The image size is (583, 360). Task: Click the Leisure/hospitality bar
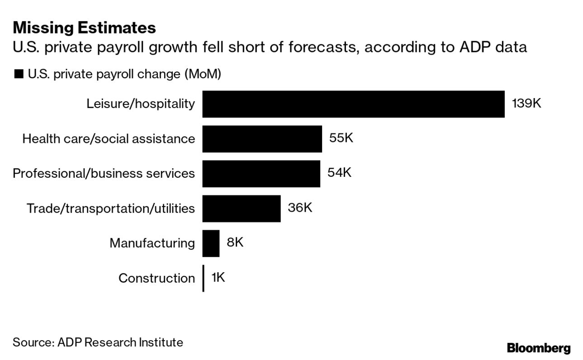(x=353, y=104)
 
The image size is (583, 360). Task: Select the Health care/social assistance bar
(x=262, y=139)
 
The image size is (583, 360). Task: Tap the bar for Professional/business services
(x=261, y=174)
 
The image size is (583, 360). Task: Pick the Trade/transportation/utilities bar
(x=241, y=208)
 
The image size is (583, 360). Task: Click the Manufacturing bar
(x=211, y=243)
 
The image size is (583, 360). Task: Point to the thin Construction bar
(x=203, y=278)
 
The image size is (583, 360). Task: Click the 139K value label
(x=526, y=103)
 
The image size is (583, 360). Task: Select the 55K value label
(x=341, y=138)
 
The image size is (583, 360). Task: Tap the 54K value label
(x=339, y=173)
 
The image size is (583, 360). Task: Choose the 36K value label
(x=299, y=208)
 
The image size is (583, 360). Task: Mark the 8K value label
(x=235, y=242)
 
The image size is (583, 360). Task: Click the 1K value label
(x=218, y=277)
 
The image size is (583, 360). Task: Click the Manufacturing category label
(x=152, y=243)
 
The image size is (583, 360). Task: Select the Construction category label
(x=156, y=278)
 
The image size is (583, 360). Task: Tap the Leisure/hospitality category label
(x=141, y=104)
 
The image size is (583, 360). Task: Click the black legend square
(x=19, y=74)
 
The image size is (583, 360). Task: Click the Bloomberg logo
(x=539, y=348)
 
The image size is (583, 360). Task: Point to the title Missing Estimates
(x=84, y=28)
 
